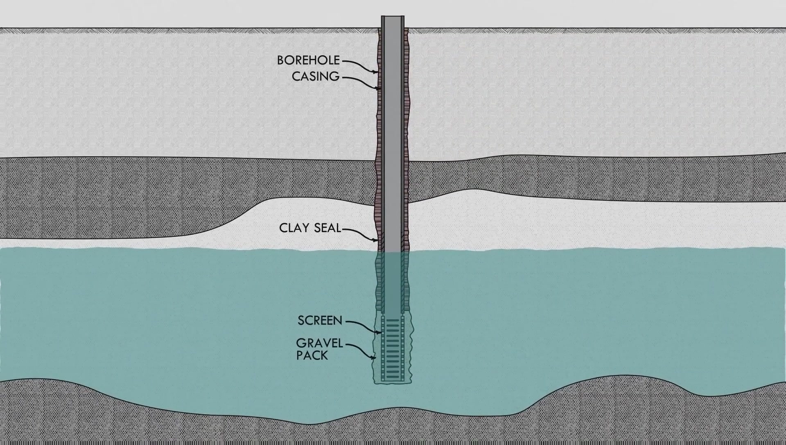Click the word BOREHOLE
[x=308, y=61]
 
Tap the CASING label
[x=316, y=76]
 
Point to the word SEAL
[x=327, y=228]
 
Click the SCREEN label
[x=320, y=321]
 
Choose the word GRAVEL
[x=319, y=343]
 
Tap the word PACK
[x=312, y=355]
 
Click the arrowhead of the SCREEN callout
[x=380, y=332]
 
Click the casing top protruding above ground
[x=393, y=21]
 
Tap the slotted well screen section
[x=393, y=348]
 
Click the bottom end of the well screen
[x=393, y=380]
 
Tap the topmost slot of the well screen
[x=393, y=320]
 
